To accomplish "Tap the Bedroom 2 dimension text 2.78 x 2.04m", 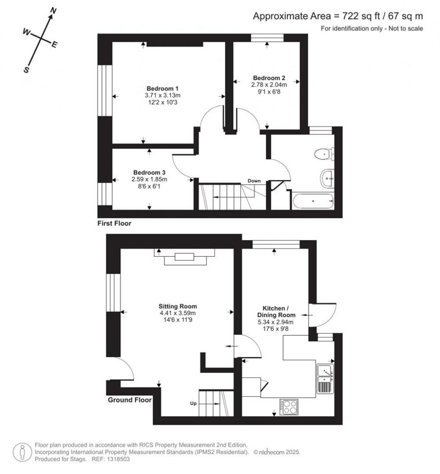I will click(x=269, y=85).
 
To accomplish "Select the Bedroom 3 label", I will click(x=149, y=173).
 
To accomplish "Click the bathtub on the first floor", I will click(x=312, y=201).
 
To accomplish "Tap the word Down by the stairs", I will click(x=254, y=181).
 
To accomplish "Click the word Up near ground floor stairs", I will click(x=193, y=403).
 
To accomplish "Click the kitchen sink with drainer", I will click(x=325, y=379).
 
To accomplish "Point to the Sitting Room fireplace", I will click(x=185, y=257).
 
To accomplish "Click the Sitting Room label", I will click(x=177, y=306).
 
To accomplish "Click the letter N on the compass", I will click(x=54, y=10).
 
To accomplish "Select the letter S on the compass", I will click(x=26, y=71).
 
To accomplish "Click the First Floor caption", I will click(x=114, y=223).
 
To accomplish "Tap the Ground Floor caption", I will click(x=129, y=400).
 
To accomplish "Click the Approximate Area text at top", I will click(x=338, y=16).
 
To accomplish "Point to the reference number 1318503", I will click(x=117, y=459).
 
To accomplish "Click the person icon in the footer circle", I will click(x=21, y=452).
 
